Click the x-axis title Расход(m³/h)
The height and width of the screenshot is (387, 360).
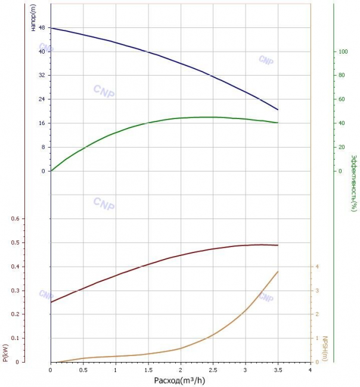[x=179, y=380]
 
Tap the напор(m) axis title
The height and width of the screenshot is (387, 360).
[x=33, y=17]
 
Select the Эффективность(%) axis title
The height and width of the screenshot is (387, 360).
[x=354, y=183]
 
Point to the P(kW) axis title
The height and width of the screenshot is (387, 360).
[x=5, y=353]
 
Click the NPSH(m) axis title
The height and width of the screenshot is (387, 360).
[x=325, y=348]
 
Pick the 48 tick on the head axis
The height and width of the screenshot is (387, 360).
[x=42, y=27]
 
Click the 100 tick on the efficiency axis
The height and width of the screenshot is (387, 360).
[x=343, y=52]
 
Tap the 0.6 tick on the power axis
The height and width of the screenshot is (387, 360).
[x=15, y=219]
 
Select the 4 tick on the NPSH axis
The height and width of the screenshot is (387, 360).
[x=317, y=267]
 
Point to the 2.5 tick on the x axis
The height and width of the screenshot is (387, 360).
[x=213, y=370]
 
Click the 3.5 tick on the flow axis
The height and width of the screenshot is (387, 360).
[x=278, y=370]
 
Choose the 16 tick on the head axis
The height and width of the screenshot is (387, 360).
[x=42, y=123]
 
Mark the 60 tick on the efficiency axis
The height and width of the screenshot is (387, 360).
[x=342, y=99]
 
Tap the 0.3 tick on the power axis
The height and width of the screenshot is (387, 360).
[x=15, y=291]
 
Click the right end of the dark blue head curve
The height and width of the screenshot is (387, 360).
[x=278, y=110]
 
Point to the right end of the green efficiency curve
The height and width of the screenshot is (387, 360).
[x=278, y=123]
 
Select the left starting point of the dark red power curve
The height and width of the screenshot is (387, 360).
[x=51, y=302]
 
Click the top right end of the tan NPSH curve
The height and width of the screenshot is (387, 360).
[x=278, y=271]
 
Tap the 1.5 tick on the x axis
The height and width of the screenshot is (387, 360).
[x=148, y=370]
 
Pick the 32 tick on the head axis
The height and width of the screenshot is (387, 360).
[x=42, y=75]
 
